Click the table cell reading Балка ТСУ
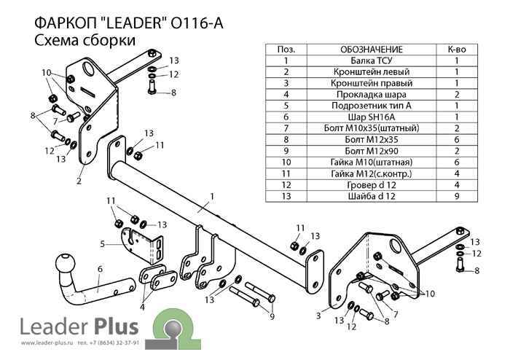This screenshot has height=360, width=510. [x=371, y=60]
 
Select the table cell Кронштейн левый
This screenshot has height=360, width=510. [x=371, y=72]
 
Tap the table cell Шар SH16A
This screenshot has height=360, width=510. [x=371, y=117]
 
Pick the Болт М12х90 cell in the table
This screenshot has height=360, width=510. [x=371, y=151]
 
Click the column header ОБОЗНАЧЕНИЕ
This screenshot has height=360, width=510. [x=371, y=50]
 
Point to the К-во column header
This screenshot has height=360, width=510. [x=457, y=50]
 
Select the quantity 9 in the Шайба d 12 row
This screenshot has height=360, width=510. [x=457, y=196]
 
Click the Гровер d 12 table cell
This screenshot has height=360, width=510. [x=371, y=185]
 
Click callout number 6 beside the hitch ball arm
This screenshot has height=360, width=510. [x=100, y=269]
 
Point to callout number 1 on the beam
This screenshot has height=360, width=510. [x=212, y=197]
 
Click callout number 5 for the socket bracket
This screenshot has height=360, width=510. [x=103, y=243]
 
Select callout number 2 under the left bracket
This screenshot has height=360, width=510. [x=79, y=181]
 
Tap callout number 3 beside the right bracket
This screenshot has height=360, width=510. [x=318, y=315]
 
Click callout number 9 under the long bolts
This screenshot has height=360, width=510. [x=272, y=316]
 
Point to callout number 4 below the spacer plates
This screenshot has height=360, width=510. [x=142, y=307]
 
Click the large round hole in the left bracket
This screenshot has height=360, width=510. [x=89, y=68]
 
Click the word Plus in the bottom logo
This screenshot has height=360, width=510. [x=116, y=326]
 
